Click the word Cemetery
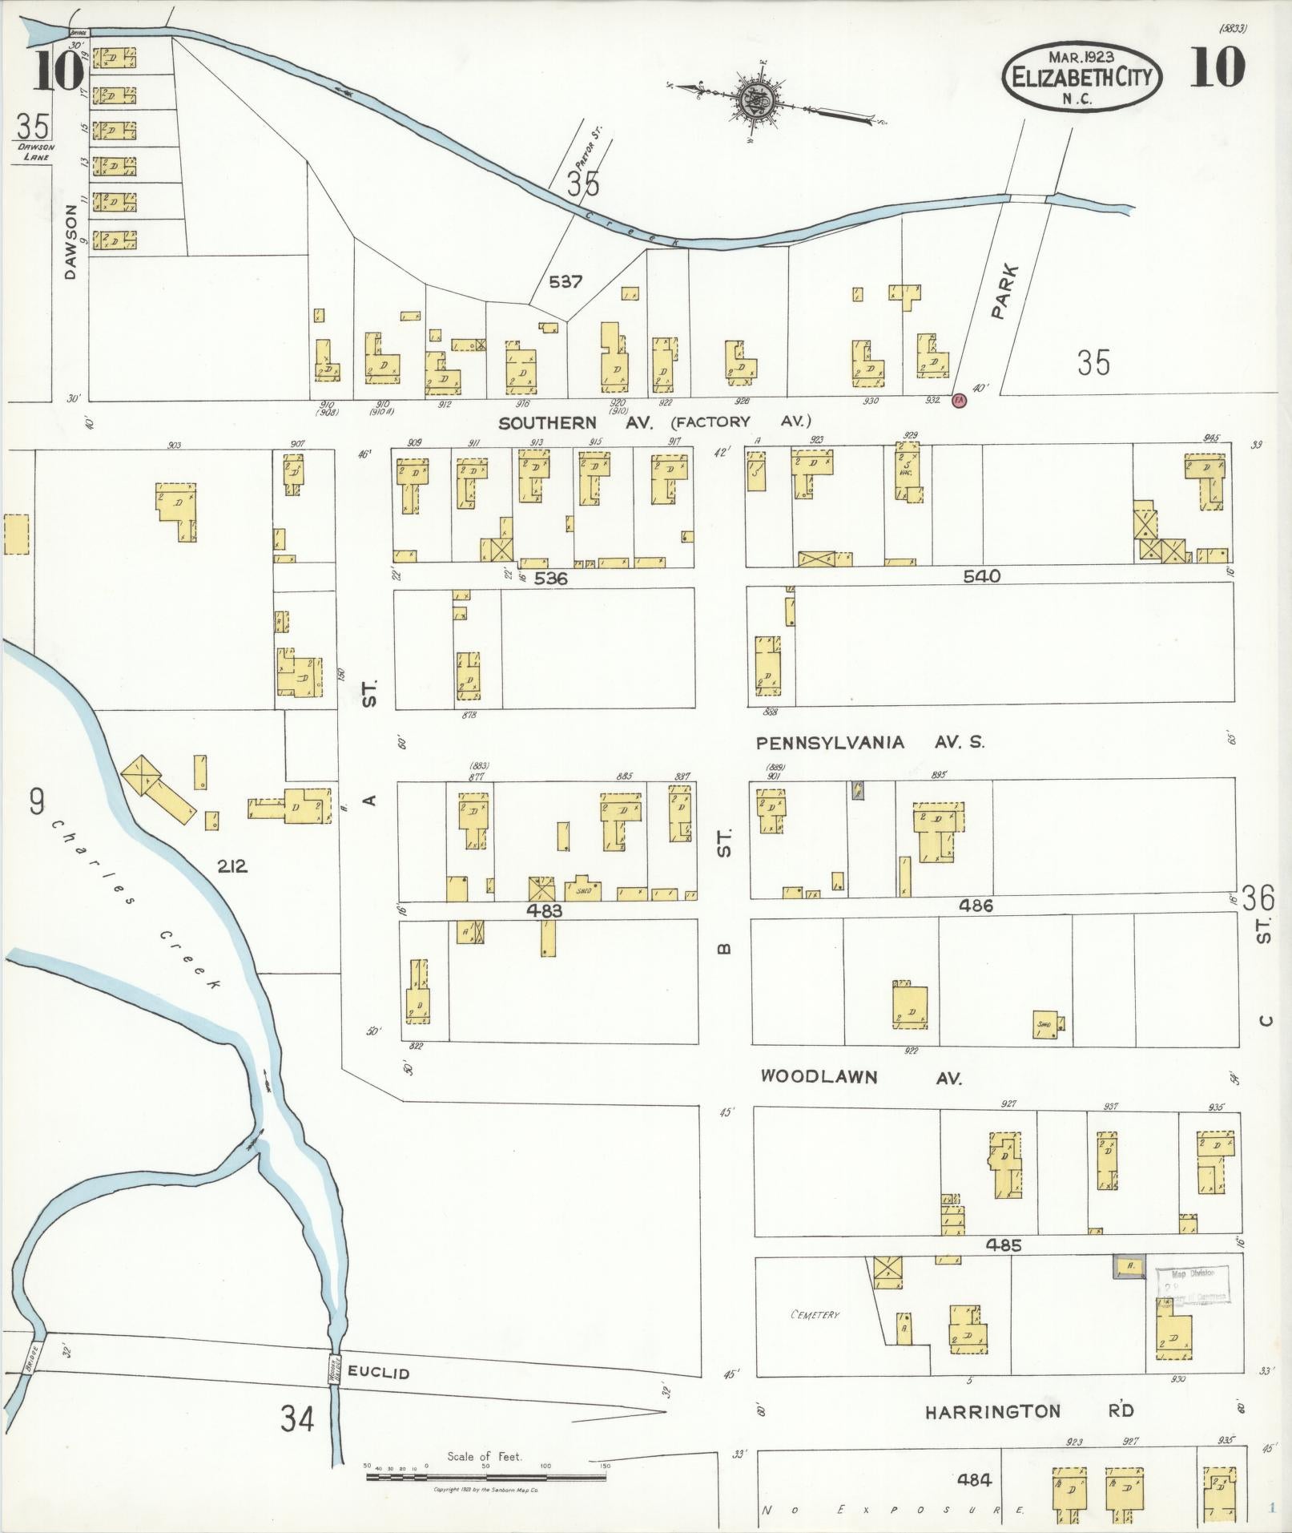(814, 1315)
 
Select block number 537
(566, 282)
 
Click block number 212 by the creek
(231, 866)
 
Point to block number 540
(982, 576)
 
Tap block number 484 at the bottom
(974, 1479)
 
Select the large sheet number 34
(297, 1419)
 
